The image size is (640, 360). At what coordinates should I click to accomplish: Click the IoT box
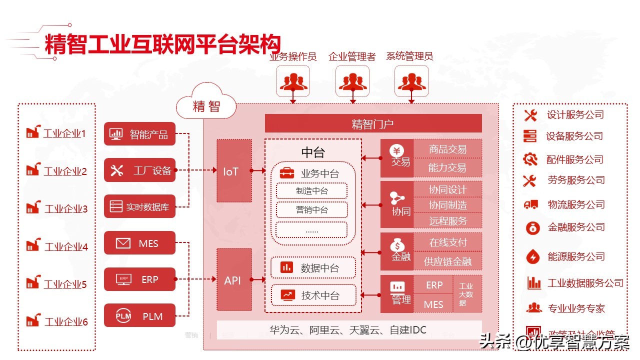click(x=230, y=171)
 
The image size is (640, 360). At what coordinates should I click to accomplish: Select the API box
click(x=232, y=280)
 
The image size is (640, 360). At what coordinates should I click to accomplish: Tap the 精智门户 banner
click(x=373, y=123)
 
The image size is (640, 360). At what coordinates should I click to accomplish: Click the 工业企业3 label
click(x=66, y=209)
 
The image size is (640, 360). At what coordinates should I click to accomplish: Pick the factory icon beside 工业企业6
click(x=33, y=320)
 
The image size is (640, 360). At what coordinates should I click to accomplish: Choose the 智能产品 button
click(x=139, y=134)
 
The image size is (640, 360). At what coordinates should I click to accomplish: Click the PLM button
click(x=139, y=316)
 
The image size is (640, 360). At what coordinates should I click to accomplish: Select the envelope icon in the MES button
click(x=123, y=243)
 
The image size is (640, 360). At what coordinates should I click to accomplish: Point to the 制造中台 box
click(x=311, y=190)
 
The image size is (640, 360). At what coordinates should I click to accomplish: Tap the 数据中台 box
click(x=313, y=268)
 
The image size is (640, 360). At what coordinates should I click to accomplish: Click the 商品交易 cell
click(x=447, y=149)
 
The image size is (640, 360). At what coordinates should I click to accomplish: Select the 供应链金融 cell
click(x=447, y=261)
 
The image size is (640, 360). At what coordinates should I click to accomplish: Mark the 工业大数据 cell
click(x=466, y=294)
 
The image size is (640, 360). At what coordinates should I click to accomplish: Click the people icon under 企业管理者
click(x=352, y=81)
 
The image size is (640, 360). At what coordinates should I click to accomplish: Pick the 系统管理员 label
click(x=409, y=56)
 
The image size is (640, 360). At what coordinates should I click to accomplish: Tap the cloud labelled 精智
click(x=206, y=105)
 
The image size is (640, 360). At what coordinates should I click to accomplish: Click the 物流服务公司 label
click(x=576, y=204)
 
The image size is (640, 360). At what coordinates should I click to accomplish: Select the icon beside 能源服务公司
click(x=532, y=257)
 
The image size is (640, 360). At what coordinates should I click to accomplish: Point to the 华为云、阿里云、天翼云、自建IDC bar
click(x=348, y=330)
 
